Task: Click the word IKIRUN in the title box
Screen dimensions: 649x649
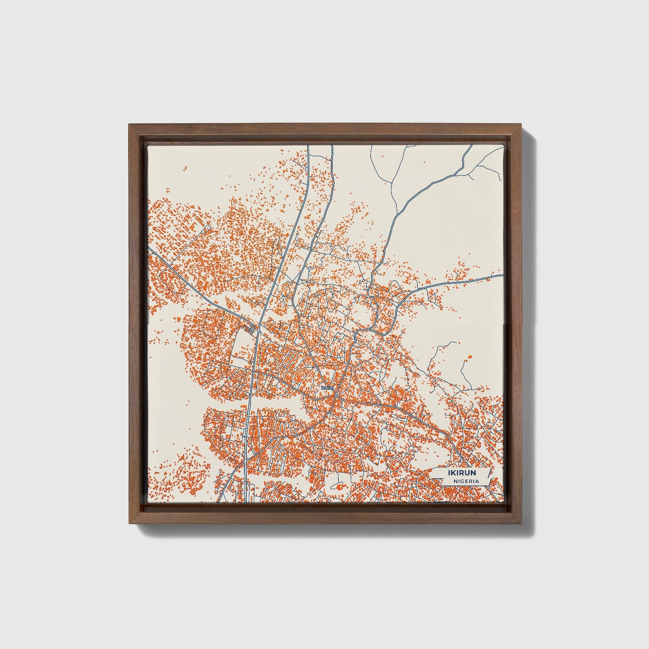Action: (x=462, y=472)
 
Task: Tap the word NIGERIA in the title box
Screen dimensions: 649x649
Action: (x=466, y=481)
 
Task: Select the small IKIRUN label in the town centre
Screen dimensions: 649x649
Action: (x=328, y=387)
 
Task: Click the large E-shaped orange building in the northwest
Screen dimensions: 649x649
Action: (x=196, y=225)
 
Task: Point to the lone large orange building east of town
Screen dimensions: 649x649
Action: (x=470, y=357)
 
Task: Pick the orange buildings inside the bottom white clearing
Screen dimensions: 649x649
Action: (x=339, y=486)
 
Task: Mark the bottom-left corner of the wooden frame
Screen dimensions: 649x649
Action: (x=129, y=523)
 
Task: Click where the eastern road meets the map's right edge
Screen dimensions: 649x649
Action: (x=502, y=274)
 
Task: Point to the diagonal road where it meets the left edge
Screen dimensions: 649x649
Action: (x=149, y=249)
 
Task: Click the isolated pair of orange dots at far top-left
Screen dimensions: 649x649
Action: (x=184, y=169)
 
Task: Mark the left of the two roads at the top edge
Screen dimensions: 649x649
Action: (x=308, y=146)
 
